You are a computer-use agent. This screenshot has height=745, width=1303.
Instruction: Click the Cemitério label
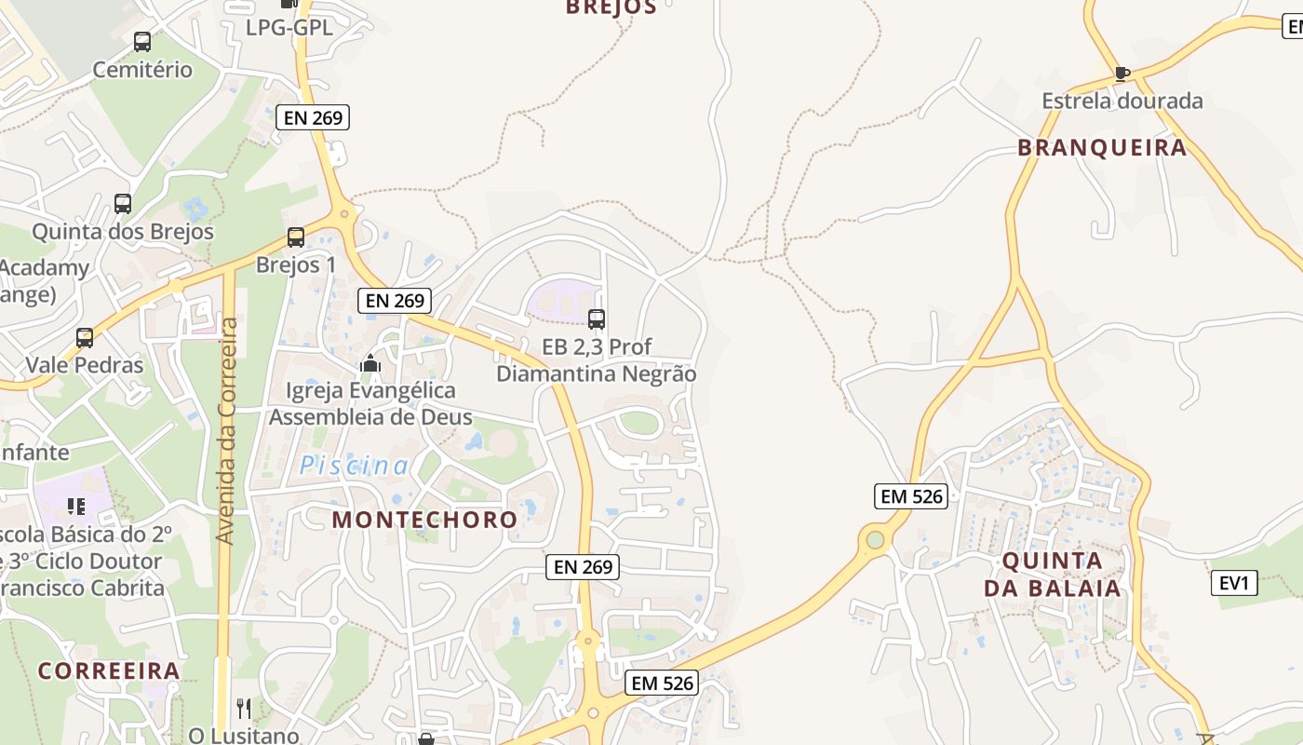click(142, 70)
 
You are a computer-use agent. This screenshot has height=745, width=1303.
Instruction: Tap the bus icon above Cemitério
click(141, 42)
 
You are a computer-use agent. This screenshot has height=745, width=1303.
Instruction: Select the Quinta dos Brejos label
click(123, 232)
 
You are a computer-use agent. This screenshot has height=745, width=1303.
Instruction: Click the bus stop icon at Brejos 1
click(296, 237)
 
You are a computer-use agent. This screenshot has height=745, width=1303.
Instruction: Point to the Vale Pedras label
click(85, 365)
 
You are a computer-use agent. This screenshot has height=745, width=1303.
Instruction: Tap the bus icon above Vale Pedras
click(85, 338)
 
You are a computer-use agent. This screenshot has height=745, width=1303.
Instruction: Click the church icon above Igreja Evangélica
click(370, 363)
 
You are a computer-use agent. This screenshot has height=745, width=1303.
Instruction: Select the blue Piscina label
click(354, 466)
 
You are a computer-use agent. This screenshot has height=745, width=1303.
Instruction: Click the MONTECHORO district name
click(424, 520)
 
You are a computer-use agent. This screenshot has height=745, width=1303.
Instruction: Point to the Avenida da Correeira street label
click(226, 430)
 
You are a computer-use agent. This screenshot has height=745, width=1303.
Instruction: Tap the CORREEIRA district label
click(109, 670)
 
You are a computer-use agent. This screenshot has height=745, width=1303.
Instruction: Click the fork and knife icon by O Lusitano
click(244, 709)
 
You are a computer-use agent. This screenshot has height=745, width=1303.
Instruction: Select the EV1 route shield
click(1234, 584)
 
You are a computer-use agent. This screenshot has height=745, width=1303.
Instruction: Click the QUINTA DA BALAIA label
click(1053, 575)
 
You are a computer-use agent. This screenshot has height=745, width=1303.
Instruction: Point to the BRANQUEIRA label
click(1102, 147)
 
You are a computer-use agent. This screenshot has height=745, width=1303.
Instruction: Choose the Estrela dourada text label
click(1122, 101)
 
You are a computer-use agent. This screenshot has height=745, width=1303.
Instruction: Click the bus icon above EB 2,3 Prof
click(597, 319)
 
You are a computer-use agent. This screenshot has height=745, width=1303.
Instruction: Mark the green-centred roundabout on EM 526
click(874, 539)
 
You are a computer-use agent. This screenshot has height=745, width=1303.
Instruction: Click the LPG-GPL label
click(289, 28)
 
